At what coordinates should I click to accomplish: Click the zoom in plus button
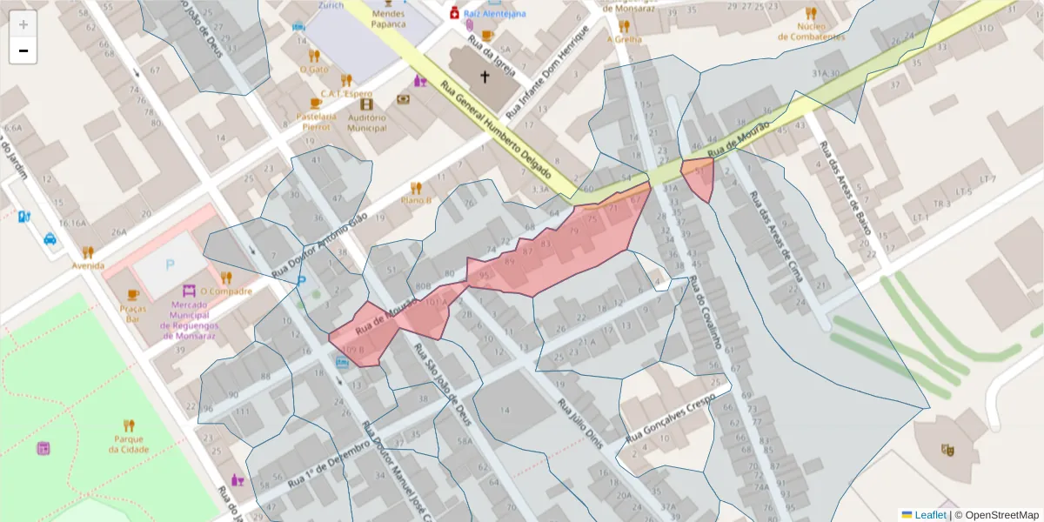coord(23,24)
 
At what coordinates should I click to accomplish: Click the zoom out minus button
coord(23,51)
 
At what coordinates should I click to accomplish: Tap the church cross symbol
coord(485,77)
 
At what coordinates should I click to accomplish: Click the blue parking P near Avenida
coord(170,264)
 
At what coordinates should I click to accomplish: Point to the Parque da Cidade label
coord(129,444)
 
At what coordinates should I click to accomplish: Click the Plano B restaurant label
coord(416,200)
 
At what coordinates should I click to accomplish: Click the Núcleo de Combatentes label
coord(809,32)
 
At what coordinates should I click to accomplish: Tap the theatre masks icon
coord(947,449)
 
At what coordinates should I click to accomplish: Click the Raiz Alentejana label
coord(494,14)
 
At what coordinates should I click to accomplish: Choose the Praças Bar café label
coord(132,314)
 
